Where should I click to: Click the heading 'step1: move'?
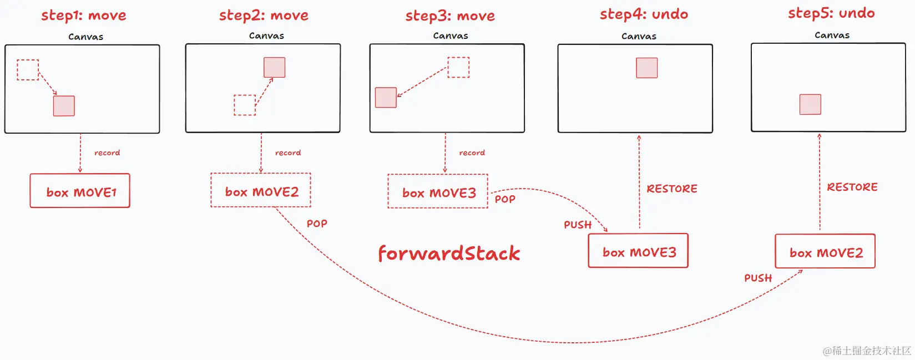point(84,16)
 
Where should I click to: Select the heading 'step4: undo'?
point(644,14)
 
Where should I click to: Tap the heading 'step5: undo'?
point(831,13)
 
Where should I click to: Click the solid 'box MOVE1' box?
point(80,191)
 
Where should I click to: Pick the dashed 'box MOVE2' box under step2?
point(261,191)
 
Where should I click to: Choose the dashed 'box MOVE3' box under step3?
point(438,192)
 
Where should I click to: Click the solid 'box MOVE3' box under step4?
point(638,251)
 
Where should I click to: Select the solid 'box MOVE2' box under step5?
point(825,252)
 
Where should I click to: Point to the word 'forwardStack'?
point(449,253)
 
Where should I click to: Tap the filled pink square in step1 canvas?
point(64,106)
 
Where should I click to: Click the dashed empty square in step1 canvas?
point(28,70)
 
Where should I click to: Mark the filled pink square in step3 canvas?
point(386,98)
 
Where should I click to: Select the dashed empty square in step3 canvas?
point(458,67)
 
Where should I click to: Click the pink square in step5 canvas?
point(810,104)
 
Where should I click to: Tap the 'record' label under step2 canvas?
point(288,153)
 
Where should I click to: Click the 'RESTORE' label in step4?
point(672,189)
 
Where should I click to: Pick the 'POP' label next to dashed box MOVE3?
point(505,199)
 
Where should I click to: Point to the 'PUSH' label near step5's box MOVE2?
point(758,278)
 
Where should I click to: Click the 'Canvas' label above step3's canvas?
point(451,36)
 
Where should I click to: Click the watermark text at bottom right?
point(867,351)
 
